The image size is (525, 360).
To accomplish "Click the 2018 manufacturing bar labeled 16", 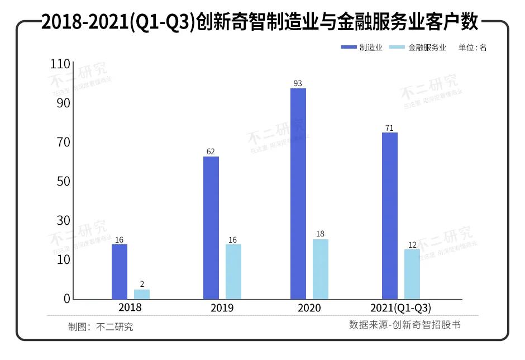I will pyautogui.click(x=119, y=272).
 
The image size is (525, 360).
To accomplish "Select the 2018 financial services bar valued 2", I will pyautogui.click(x=142, y=294).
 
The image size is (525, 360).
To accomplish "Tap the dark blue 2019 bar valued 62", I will pyautogui.click(x=211, y=228).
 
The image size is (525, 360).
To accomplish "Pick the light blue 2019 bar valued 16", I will pyautogui.click(x=233, y=272).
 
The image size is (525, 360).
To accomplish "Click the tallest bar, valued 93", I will pyautogui.click(x=298, y=193).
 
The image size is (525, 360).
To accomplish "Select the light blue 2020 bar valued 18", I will pyautogui.click(x=321, y=269).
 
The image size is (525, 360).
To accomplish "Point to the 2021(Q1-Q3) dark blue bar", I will pyautogui.click(x=390, y=216).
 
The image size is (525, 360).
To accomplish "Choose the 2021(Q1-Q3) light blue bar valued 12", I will pyautogui.click(x=412, y=274).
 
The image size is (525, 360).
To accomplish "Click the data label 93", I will pyautogui.click(x=298, y=83).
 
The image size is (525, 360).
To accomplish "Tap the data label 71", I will pyautogui.click(x=389, y=128).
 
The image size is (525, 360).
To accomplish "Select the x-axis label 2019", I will pyautogui.click(x=222, y=308).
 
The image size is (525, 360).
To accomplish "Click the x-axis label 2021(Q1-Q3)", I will pyautogui.click(x=400, y=308).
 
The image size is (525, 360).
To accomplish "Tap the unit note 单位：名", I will pyautogui.click(x=472, y=48).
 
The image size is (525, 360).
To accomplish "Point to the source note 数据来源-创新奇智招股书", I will pyautogui.click(x=405, y=324).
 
